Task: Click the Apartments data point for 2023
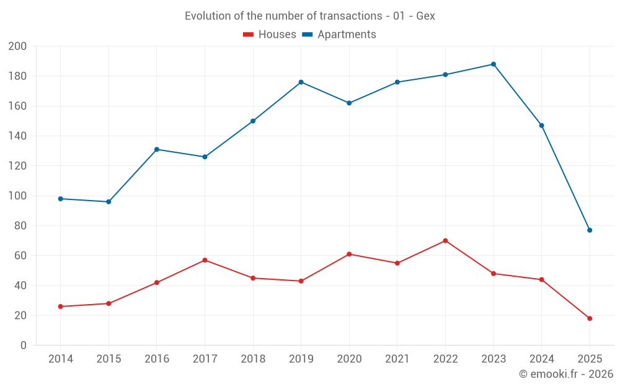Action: pyautogui.click(x=494, y=64)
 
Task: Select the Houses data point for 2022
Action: pyautogui.click(x=445, y=241)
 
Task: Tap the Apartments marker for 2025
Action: pyautogui.click(x=590, y=230)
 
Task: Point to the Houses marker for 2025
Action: pyautogui.click(x=590, y=318)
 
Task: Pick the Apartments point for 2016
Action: pyautogui.click(x=157, y=149)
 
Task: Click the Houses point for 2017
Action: pyautogui.click(x=205, y=260)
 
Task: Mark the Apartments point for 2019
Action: pyautogui.click(x=301, y=82)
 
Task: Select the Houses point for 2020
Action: pyautogui.click(x=349, y=254)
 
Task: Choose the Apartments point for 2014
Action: pyautogui.click(x=60, y=199)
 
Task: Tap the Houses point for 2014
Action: pyautogui.click(x=60, y=307)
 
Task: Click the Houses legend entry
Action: pyautogui.click(x=270, y=35)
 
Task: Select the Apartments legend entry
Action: pyautogui.click(x=339, y=35)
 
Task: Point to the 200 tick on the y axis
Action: pyautogui.click(x=17, y=46)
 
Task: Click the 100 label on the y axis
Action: pyautogui.click(x=17, y=196)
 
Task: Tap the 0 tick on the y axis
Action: pyautogui.click(x=23, y=346)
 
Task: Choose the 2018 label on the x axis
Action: pyautogui.click(x=253, y=359)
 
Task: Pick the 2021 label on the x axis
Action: pyautogui.click(x=397, y=359)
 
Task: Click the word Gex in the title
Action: pyautogui.click(x=425, y=16)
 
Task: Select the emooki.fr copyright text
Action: pyautogui.click(x=566, y=374)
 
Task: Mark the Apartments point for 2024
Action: pyautogui.click(x=542, y=126)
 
